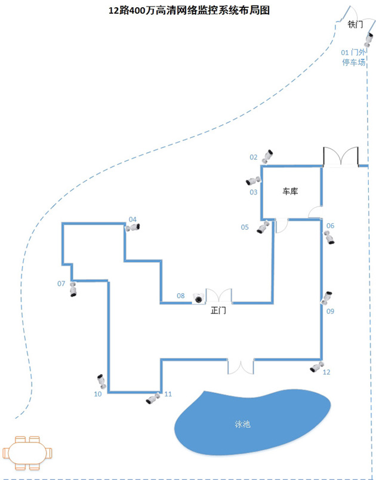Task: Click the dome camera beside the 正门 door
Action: click(198, 298)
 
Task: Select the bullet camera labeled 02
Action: click(267, 156)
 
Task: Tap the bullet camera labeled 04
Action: click(132, 227)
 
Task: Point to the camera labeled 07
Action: click(73, 290)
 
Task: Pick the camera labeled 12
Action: click(317, 367)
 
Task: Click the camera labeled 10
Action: click(101, 381)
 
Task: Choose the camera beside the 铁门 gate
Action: click(369, 39)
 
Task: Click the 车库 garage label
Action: click(290, 192)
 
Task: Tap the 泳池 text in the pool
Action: click(243, 424)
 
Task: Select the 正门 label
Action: click(218, 310)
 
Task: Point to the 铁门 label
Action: click(355, 24)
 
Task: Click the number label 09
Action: click(330, 311)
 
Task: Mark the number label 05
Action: click(245, 227)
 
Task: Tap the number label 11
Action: click(168, 394)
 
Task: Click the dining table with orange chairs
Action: click(27, 453)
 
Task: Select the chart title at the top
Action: click(189, 10)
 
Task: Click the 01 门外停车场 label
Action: click(353, 57)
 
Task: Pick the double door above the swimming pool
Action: click(241, 367)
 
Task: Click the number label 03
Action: click(253, 192)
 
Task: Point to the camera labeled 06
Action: click(329, 238)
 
